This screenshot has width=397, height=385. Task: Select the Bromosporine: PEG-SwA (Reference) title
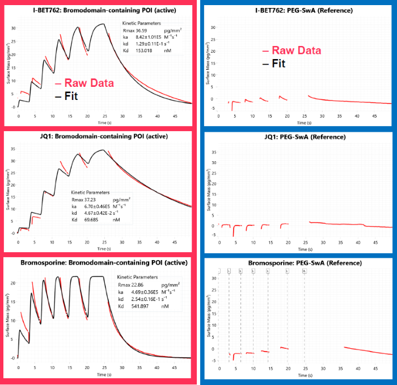coord(297,263)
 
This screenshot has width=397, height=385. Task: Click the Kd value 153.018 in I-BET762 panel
coord(144,51)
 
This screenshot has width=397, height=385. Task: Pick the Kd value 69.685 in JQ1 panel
coord(92,220)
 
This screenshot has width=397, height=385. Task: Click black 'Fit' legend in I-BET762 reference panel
coord(278,63)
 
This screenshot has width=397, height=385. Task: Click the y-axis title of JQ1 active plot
coord(8,194)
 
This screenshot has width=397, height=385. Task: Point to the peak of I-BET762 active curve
coord(102,24)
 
